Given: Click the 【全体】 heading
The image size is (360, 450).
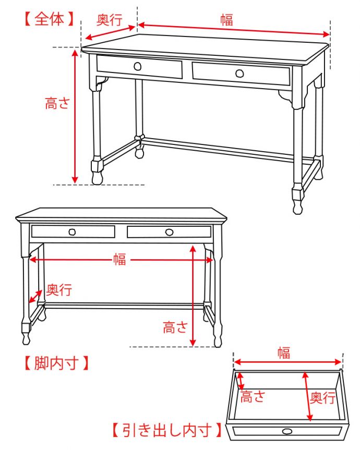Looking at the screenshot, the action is pos(49,19).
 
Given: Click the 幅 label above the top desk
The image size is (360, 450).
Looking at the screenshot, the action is pos(226,20).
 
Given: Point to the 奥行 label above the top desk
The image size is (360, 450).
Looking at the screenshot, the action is pos(110,20).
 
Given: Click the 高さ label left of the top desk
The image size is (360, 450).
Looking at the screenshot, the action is pos(57,103).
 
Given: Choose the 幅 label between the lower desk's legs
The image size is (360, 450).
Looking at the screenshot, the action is pos(119,259).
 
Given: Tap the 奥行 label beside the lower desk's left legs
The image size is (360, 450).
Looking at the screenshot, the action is pos(59,290).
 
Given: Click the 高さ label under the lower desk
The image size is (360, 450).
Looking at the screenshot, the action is pos(175,327).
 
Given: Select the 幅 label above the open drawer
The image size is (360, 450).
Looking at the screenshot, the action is pos(284,352).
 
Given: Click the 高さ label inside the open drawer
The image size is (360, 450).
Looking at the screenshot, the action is pos(253,397).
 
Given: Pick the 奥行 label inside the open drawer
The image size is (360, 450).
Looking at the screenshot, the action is pos(322,398).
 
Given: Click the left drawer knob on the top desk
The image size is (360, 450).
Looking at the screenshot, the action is pos(138,67).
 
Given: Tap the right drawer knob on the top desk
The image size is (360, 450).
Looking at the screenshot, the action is pos(239,74).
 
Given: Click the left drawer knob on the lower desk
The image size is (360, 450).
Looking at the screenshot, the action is pos(72,232).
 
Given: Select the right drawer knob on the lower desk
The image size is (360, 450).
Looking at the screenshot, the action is pos(170,232).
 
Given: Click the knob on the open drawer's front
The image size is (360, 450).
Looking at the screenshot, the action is pos(287,431).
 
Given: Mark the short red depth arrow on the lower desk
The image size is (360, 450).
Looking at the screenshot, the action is pos(35,296).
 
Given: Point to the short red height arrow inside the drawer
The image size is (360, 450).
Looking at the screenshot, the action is pos(241,381).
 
